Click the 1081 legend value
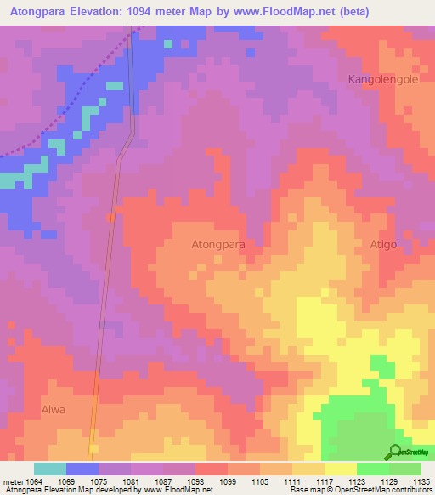coord(130,481)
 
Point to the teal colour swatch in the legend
coord(50,469)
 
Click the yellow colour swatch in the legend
coord(340,469)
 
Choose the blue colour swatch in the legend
coord(82,469)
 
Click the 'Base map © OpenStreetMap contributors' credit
coord(359,490)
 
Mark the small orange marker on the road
coord(110,218)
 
